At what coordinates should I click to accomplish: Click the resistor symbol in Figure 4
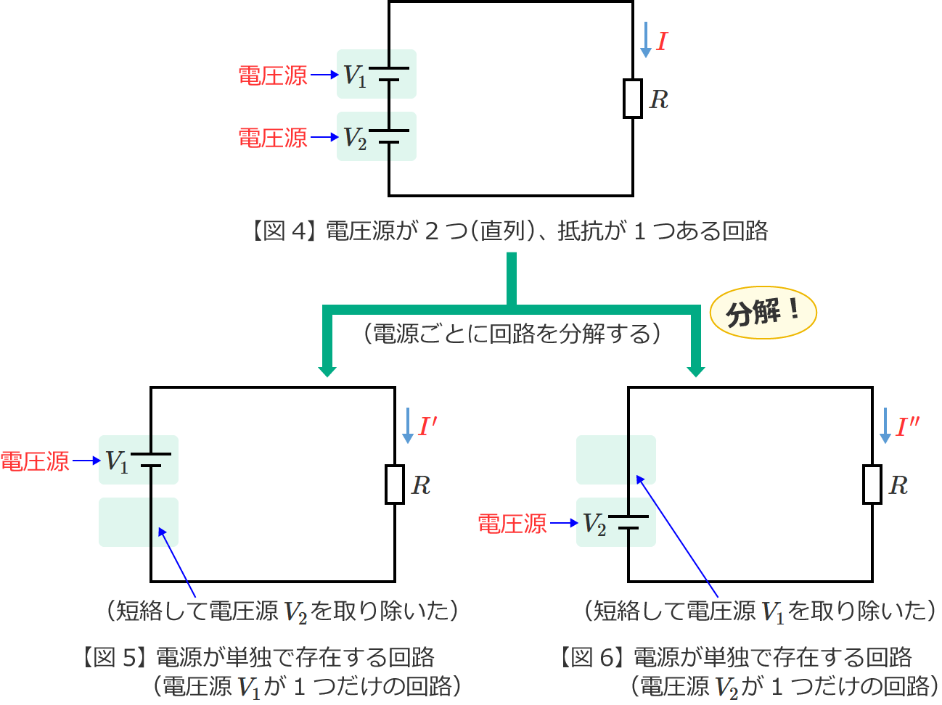pyautogui.click(x=633, y=99)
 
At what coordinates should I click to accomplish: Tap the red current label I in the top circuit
pyautogui.click(x=661, y=42)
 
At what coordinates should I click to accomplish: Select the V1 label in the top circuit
pyautogui.click(x=354, y=75)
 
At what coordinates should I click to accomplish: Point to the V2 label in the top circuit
pyautogui.click(x=354, y=138)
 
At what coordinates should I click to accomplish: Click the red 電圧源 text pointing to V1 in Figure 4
pyautogui.click(x=273, y=75)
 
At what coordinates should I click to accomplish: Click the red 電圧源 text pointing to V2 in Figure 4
pyautogui.click(x=273, y=138)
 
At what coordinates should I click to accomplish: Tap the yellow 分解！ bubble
pyautogui.click(x=763, y=313)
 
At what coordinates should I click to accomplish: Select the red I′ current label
pyautogui.click(x=427, y=426)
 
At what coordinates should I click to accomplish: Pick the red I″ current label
pyautogui.click(x=907, y=426)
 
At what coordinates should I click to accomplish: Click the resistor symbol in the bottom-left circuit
pyautogui.click(x=395, y=485)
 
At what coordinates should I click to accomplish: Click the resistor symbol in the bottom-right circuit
pyautogui.click(x=872, y=485)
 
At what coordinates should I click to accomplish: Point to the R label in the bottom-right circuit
pyautogui.click(x=898, y=485)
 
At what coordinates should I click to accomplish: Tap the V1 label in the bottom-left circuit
pyautogui.click(x=116, y=461)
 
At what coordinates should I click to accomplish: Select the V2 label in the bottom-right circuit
pyautogui.click(x=594, y=524)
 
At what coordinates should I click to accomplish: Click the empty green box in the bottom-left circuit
pyautogui.click(x=139, y=521)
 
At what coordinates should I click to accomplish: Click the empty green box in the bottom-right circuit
pyautogui.click(x=616, y=460)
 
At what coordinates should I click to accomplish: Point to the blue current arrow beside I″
pyautogui.click(x=885, y=426)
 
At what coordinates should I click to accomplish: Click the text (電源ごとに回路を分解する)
pyautogui.click(x=512, y=334)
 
